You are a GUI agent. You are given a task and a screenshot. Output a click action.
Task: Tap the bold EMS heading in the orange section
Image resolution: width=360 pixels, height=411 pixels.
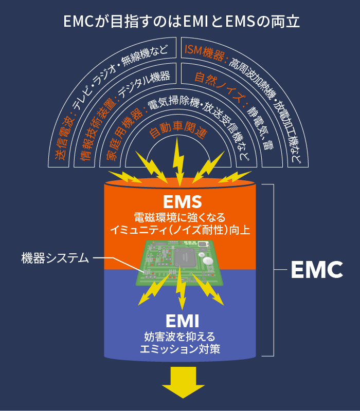point(179,200)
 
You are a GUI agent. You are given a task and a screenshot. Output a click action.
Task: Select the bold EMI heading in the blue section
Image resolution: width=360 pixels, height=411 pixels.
point(179,322)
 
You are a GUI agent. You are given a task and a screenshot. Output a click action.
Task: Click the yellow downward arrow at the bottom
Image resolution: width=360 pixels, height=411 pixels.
point(179,384)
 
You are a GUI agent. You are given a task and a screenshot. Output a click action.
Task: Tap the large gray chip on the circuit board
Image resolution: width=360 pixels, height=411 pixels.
point(184,257)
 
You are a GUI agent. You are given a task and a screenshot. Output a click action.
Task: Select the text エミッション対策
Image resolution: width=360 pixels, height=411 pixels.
point(179,349)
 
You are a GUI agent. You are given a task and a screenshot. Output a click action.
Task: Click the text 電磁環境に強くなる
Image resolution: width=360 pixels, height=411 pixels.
point(179,217)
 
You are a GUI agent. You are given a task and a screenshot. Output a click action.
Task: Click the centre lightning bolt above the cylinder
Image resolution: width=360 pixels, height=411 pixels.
point(178,157)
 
